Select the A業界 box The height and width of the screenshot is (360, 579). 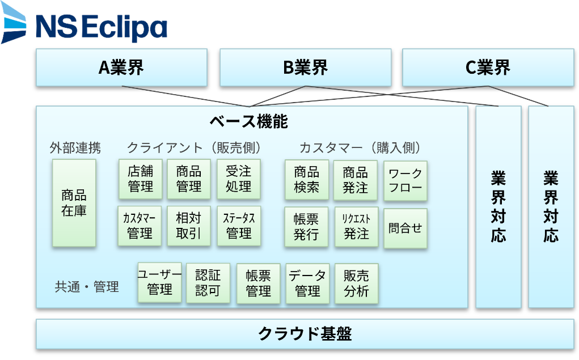click(121, 67)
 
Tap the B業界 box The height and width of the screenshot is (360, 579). click(305, 67)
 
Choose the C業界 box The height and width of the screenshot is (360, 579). click(488, 67)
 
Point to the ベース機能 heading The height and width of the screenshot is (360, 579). click(248, 121)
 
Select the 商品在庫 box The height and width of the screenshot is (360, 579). click(74, 204)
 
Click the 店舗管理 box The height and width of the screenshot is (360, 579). click(140, 179)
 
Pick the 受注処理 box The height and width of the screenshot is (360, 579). click(238, 179)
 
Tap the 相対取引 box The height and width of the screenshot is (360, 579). click(189, 226)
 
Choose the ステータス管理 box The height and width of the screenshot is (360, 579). click(238, 226)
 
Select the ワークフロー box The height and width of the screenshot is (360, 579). click(405, 180)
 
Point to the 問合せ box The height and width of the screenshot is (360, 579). click(405, 228)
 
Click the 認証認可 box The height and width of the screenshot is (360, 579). click(208, 283)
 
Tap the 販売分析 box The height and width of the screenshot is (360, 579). click(356, 283)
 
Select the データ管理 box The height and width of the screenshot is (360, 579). click(307, 283)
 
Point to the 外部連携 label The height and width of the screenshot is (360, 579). click(75, 149)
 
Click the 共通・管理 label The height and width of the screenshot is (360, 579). click(87, 287)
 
